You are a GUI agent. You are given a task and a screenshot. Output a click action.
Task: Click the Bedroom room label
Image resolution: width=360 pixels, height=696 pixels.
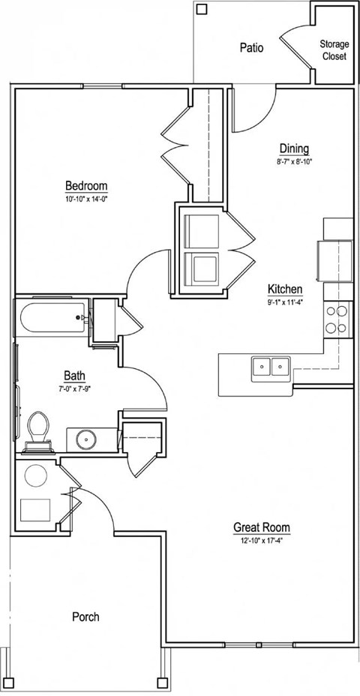click(x=86, y=185)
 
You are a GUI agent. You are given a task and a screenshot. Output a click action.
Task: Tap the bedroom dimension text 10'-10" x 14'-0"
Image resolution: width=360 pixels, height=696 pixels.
click(x=86, y=199)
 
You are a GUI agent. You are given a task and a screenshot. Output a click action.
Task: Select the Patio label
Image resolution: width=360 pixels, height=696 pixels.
click(x=251, y=47)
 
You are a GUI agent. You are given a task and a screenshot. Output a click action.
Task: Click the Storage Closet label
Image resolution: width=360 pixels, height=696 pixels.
click(x=334, y=50)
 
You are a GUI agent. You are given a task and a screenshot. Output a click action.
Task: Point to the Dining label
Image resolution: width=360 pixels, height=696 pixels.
click(x=294, y=148)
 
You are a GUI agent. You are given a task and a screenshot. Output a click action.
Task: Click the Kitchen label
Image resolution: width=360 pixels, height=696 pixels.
click(x=285, y=289)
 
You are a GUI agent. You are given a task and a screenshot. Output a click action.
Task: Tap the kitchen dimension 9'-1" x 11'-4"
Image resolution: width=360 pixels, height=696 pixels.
click(x=285, y=302)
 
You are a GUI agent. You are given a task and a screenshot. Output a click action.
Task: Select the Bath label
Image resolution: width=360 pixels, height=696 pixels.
click(x=74, y=375)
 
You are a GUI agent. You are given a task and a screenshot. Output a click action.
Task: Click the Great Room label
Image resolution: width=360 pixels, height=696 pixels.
click(x=261, y=527)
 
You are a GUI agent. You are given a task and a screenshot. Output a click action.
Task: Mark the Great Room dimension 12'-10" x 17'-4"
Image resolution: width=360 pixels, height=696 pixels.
click(x=261, y=540)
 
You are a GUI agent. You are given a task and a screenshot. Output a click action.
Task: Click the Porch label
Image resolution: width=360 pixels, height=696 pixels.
click(x=85, y=617)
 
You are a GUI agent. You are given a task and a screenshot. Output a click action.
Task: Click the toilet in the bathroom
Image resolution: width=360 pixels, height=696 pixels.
click(x=37, y=432)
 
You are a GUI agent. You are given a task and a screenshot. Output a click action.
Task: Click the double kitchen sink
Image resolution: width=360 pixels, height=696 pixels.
click(x=271, y=367)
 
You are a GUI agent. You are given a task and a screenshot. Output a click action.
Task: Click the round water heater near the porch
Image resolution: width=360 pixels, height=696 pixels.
click(x=35, y=475)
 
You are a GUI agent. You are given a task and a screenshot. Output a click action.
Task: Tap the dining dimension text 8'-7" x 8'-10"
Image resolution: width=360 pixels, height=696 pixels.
click(x=294, y=161)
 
